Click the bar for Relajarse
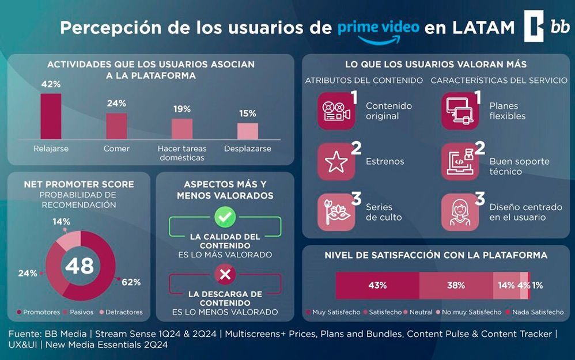(51, 116)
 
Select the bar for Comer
(116, 126)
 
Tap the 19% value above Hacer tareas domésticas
(182, 109)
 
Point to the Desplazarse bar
(248, 131)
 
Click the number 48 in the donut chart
(80, 266)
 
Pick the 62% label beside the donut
(131, 282)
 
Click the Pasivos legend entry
(78, 312)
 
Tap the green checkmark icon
(225, 217)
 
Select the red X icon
(225, 274)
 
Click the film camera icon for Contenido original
(336, 111)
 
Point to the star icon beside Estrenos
(336, 162)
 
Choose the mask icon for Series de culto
(336, 213)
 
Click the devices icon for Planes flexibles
(460, 111)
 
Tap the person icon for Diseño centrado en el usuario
(460, 213)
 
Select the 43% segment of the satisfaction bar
(377, 286)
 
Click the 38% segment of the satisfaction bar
(456, 286)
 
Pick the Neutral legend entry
(418, 312)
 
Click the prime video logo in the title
(379, 32)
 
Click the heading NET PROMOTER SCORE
(79, 184)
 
